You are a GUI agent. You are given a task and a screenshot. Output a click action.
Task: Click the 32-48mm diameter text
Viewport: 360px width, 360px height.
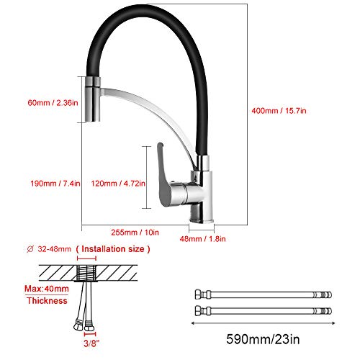(55, 249)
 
